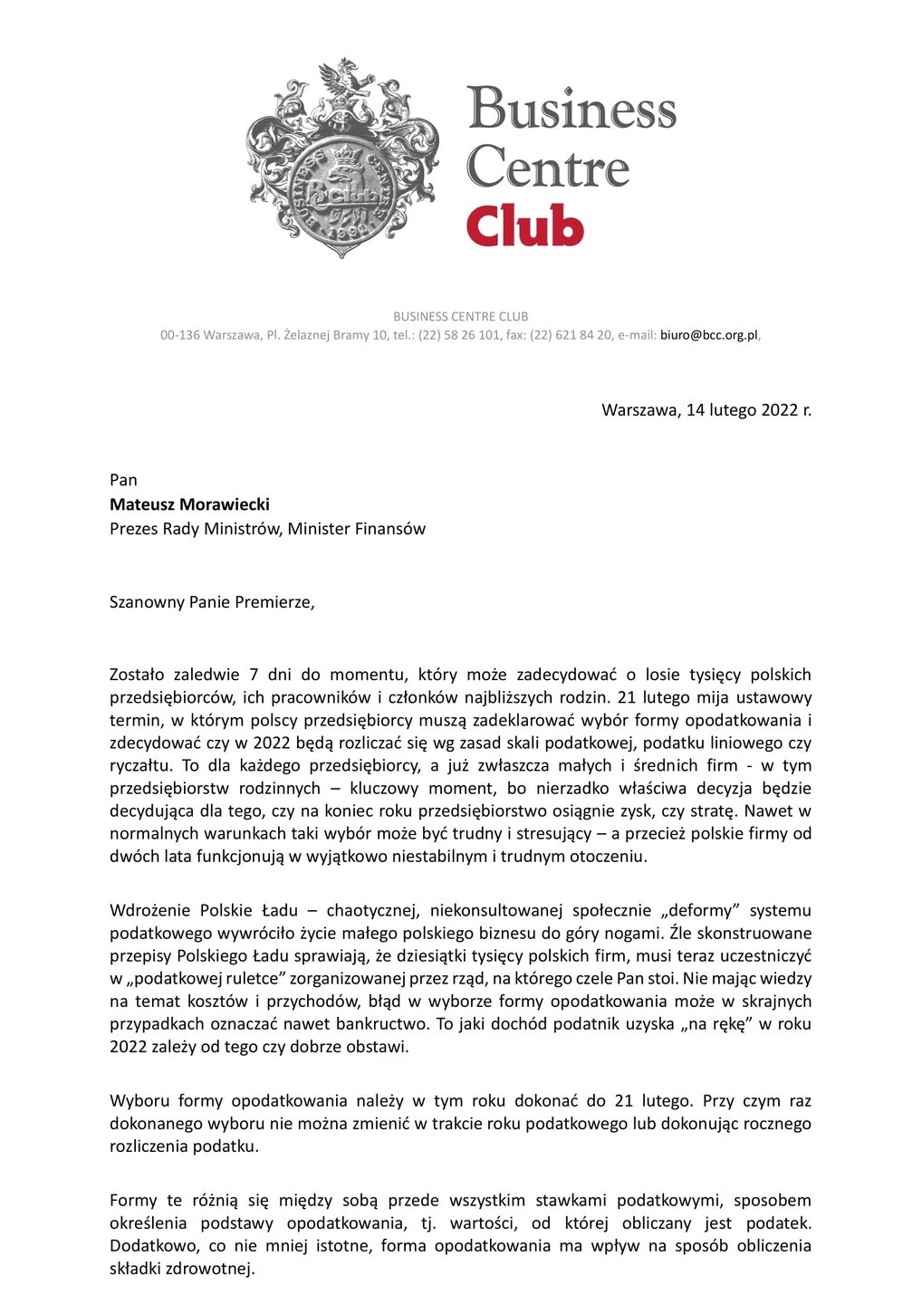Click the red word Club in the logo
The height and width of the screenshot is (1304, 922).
point(524,225)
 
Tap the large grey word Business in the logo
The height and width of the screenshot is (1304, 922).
point(571,110)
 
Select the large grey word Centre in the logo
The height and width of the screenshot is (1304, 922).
point(547,167)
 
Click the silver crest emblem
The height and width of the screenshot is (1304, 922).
point(341,159)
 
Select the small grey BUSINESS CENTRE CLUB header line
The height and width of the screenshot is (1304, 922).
point(460,316)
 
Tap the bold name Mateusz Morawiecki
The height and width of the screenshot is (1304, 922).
point(189,504)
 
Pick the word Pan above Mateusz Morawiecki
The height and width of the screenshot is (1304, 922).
point(123,480)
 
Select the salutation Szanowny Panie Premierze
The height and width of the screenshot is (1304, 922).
point(212,602)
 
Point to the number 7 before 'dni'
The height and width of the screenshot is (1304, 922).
point(254,675)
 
